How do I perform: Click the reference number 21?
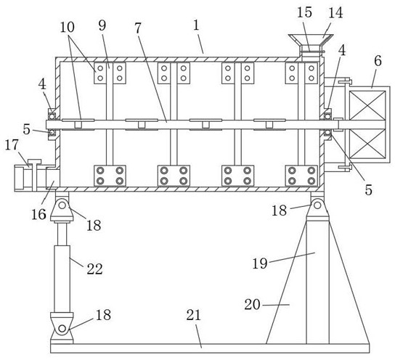pyautogui.click(x=193, y=315)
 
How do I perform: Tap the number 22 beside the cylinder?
pyautogui.click(x=94, y=269)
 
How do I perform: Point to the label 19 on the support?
pyautogui.click(x=260, y=263)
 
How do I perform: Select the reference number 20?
pyautogui.click(x=252, y=305)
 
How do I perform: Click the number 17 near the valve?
pyautogui.click(x=12, y=144)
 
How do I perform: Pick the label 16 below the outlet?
pyautogui.click(x=38, y=215)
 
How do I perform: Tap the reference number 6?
pyautogui.click(x=378, y=61)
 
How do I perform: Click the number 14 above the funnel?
pyautogui.click(x=335, y=12)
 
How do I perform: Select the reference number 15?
pyautogui.click(x=304, y=12)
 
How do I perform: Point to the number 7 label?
pyautogui.click(x=137, y=28)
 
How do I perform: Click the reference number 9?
pyautogui.click(x=102, y=25)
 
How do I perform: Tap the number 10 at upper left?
pyautogui.click(x=68, y=27)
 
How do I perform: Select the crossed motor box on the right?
pyautogui.click(x=367, y=125)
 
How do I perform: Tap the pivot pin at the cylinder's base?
pyautogui.click(x=62, y=329)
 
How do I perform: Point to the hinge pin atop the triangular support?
pyautogui.click(x=317, y=205)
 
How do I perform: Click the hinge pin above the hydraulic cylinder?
pyautogui.click(x=62, y=205)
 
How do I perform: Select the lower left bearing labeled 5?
pyautogui.click(x=52, y=132)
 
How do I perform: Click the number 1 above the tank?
pyautogui.click(x=196, y=25)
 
